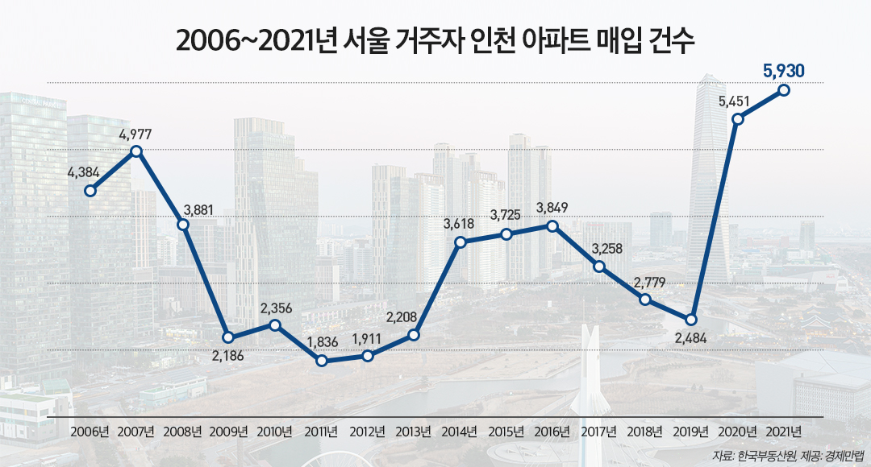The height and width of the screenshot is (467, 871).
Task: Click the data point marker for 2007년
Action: click(x=136, y=151)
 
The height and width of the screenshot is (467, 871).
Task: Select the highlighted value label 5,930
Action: click(x=783, y=71)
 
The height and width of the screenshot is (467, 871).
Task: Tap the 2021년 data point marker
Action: click(x=783, y=90)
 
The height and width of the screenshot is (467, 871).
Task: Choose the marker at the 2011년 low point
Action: click(x=321, y=361)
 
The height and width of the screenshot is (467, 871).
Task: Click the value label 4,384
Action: click(x=83, y=172)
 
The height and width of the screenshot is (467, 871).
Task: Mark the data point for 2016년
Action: click(x=552, y=226)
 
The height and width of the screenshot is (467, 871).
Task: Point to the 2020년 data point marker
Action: click(x=737, y=119)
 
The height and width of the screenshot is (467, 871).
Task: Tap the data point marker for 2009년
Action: click(x=229, y=337)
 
